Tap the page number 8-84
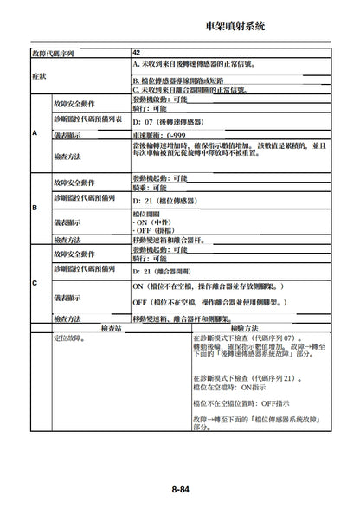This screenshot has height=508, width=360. [180, 490]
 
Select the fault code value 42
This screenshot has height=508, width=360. [137, 53]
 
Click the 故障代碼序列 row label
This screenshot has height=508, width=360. [51, 53]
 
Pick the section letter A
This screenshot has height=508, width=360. [35, 133]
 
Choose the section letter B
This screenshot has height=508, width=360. [35, 209]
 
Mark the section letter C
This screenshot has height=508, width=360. [35, 283]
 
